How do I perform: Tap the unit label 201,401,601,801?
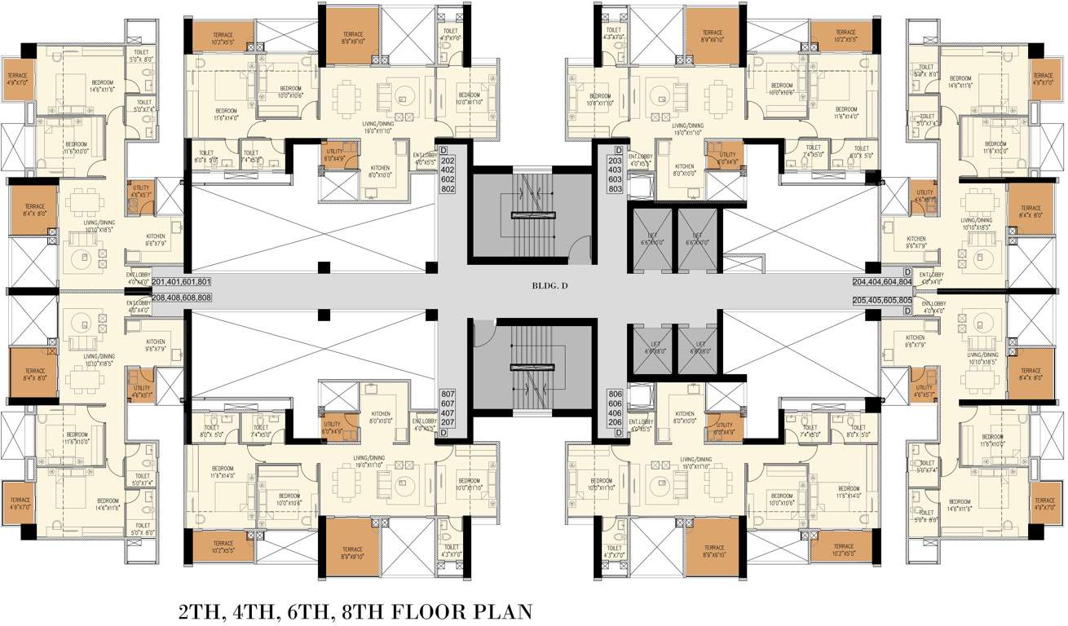[181, 282]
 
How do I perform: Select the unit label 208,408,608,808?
[181, 298]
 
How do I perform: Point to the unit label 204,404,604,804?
[881, 282]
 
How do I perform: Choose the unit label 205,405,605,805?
[881, 300]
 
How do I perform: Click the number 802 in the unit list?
[448, 189]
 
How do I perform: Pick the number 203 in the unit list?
[616, 161]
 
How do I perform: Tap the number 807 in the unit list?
[448, 394]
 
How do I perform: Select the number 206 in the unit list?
[616, 423]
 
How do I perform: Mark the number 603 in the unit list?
[616, 180]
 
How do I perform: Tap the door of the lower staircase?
[483, 333]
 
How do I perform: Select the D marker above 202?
[444, 151]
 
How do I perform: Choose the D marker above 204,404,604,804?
[907, 271]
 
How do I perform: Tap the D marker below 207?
[444, 434]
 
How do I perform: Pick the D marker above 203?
[619, 151]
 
